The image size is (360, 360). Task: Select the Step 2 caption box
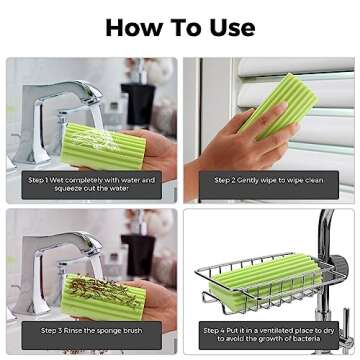point(267,181)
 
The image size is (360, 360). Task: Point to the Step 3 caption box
point(91,330)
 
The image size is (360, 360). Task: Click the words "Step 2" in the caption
point(227,181)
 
